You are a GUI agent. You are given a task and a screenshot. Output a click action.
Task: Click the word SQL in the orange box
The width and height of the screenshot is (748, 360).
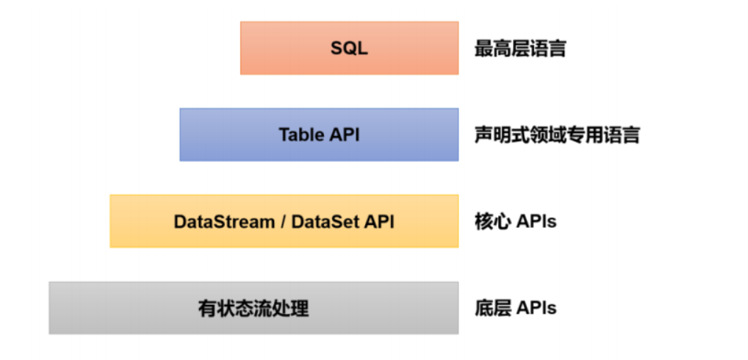click(349, 49)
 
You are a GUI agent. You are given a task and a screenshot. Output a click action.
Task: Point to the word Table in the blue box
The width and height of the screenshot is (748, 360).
click(301, 135)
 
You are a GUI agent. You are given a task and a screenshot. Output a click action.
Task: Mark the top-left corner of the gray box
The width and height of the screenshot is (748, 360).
click(50, 283)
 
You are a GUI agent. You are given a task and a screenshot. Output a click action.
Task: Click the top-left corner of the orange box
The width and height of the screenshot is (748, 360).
click(241, 23)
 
